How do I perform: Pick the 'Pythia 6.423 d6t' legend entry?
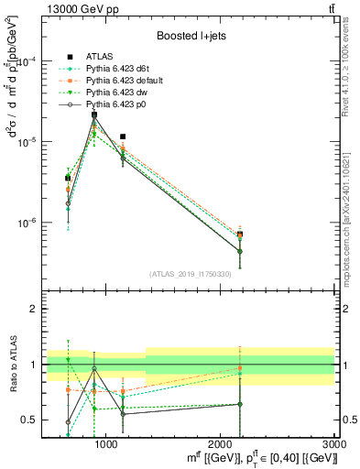point(122,70)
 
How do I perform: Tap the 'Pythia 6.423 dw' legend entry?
point(121,93)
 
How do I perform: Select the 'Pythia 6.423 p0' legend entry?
point(120,105)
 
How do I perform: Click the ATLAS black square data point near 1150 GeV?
point(123,136)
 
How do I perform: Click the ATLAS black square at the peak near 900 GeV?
point(94,115)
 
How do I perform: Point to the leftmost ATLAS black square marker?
point(67,179)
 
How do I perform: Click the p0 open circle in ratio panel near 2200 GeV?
point(240,404)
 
